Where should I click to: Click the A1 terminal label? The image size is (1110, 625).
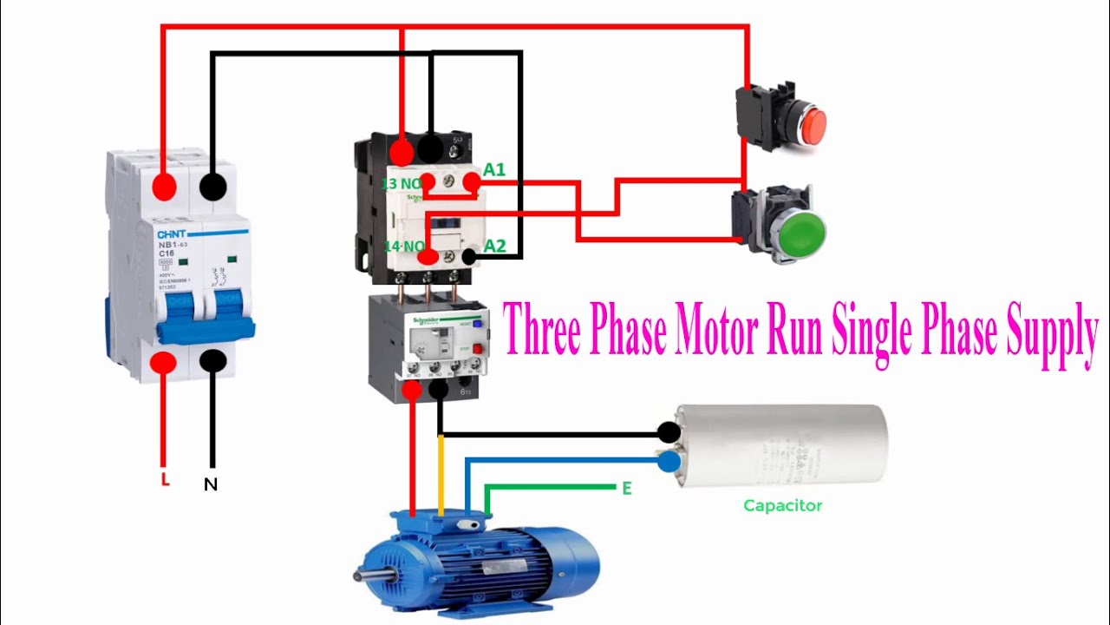494,170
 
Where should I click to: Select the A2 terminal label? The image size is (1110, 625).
494,246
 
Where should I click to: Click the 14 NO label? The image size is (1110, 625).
404,247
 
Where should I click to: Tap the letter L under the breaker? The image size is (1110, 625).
165,479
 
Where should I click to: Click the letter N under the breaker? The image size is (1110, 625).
211,485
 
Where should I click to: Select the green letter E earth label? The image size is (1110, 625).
626,489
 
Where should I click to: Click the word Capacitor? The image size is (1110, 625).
782,505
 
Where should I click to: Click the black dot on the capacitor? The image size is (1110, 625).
668,431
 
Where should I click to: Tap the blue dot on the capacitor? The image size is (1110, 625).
668,463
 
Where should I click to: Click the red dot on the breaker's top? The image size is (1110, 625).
163,186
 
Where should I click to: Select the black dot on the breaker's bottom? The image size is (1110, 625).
213,361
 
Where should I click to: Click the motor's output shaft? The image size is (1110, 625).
363,574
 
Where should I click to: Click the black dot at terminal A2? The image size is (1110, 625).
468,257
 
